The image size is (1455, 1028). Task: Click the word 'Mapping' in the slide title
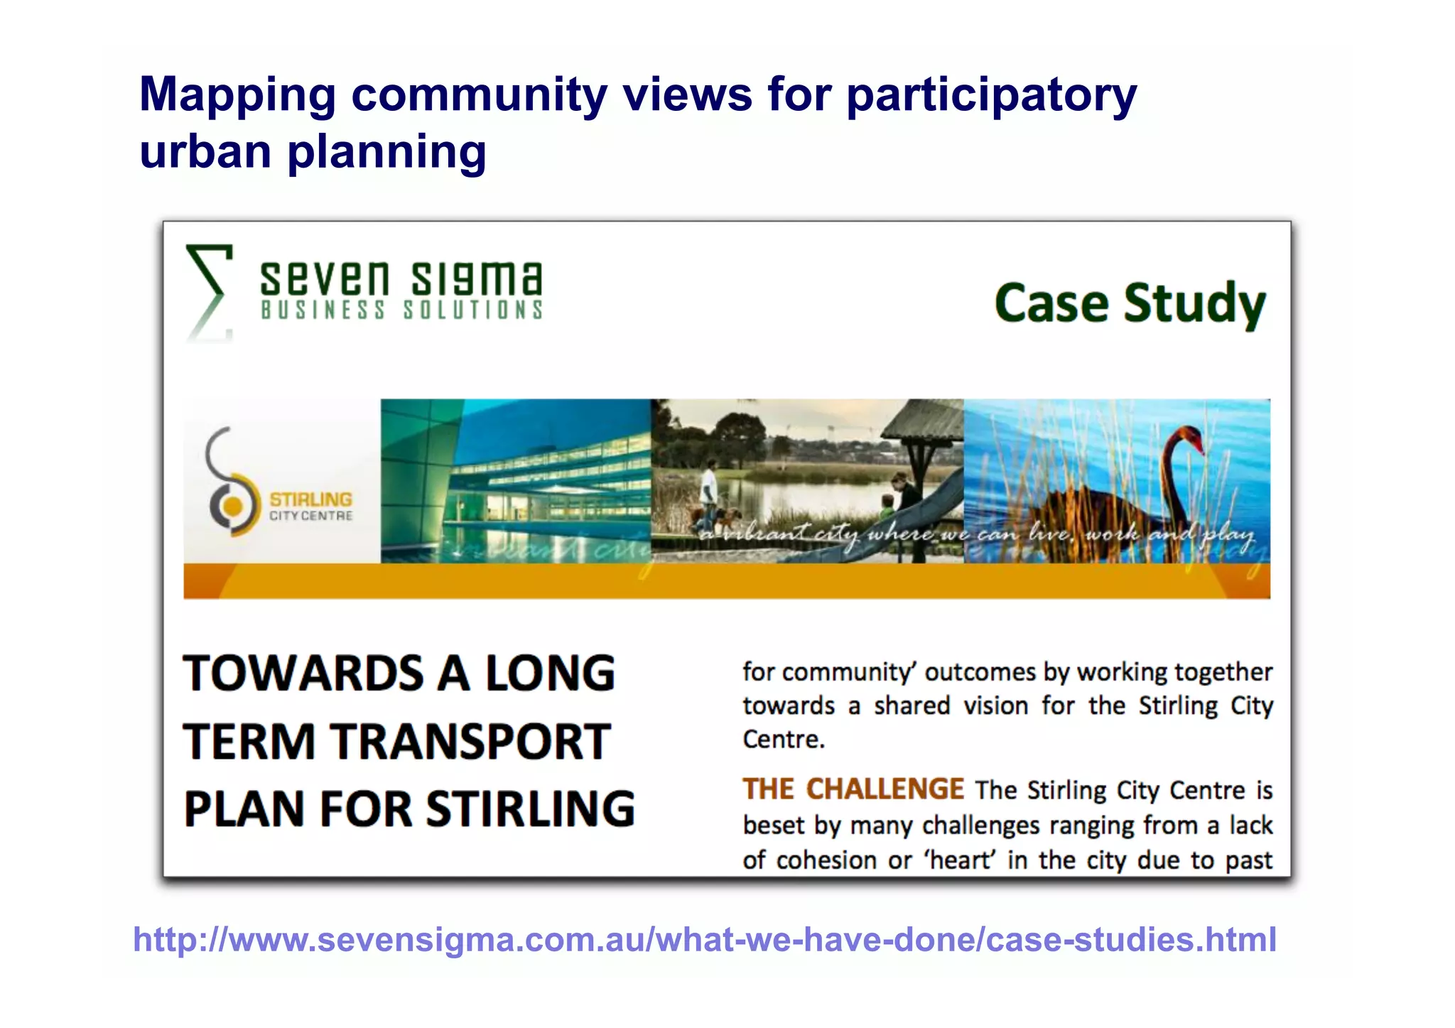click(237, 96)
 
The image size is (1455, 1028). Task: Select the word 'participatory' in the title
click(992, 96)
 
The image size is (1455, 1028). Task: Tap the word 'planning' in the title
click(386, 152)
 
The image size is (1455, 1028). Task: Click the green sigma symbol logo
click(209, 291)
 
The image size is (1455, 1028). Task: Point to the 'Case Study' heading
click(1130, 304)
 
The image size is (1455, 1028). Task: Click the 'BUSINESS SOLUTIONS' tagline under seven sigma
click(402, 310)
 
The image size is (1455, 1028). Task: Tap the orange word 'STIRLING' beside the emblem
click(310, 499)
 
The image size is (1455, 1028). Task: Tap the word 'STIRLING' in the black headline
click(531, 808)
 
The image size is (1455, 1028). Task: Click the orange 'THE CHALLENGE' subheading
click(853, 789)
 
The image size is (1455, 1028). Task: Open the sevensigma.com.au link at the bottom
click(705, 939)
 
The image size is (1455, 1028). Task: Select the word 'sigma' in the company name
click(477, 278)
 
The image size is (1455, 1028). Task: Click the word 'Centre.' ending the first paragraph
click(784, 740)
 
